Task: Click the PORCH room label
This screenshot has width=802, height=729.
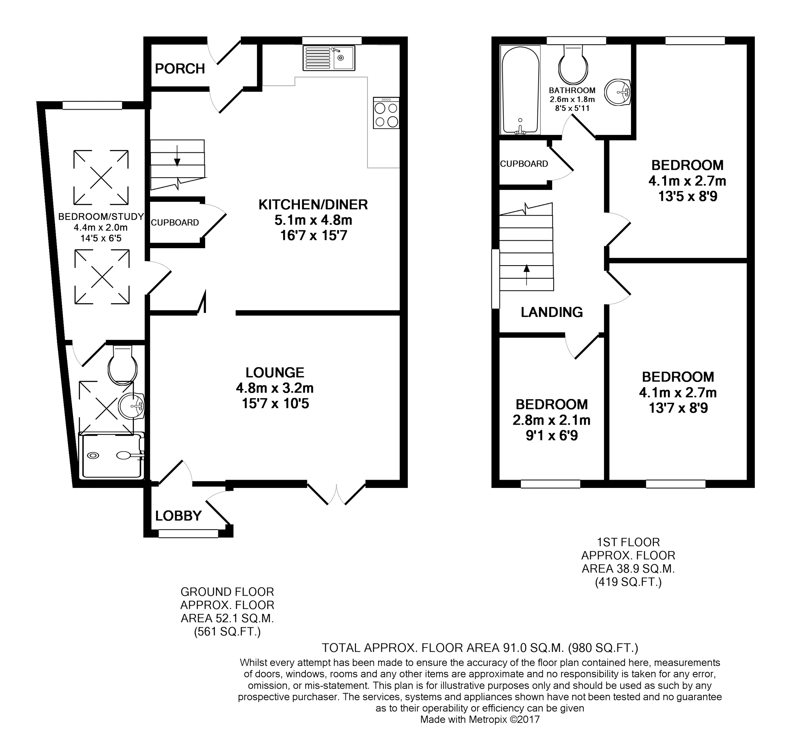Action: [x=180, y=69]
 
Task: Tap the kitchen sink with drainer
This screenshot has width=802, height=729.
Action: [x=329, y=58]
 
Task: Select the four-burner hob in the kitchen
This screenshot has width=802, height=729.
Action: [x=386, y=113]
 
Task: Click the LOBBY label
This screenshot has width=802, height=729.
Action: [x=178, y=516]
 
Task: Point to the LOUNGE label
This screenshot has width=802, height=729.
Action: [x=275, y=372]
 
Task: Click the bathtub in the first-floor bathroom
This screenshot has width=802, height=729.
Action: [x=520, y=90]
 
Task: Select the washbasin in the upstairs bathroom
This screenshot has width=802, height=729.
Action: [x=617, y=92]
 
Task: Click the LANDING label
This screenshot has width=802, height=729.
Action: [x=552, y=312]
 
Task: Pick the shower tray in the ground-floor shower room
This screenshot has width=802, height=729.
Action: [x=112, y=456]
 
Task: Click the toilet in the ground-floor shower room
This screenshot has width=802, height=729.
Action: [x=122, y=365]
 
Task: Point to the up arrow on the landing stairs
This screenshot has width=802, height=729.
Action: [x=527, y=275]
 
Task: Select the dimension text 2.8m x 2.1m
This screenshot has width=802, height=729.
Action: [x=551, y=420]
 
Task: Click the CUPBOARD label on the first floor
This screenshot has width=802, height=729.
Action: [x=524, y=164]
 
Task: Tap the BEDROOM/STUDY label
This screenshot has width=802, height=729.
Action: [x=101, y=216]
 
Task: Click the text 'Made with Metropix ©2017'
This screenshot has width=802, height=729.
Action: [x=480, y=719]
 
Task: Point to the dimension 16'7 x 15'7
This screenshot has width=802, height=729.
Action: [x=314, y=236]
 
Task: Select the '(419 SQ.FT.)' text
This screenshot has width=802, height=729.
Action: [x=628, y=582]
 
